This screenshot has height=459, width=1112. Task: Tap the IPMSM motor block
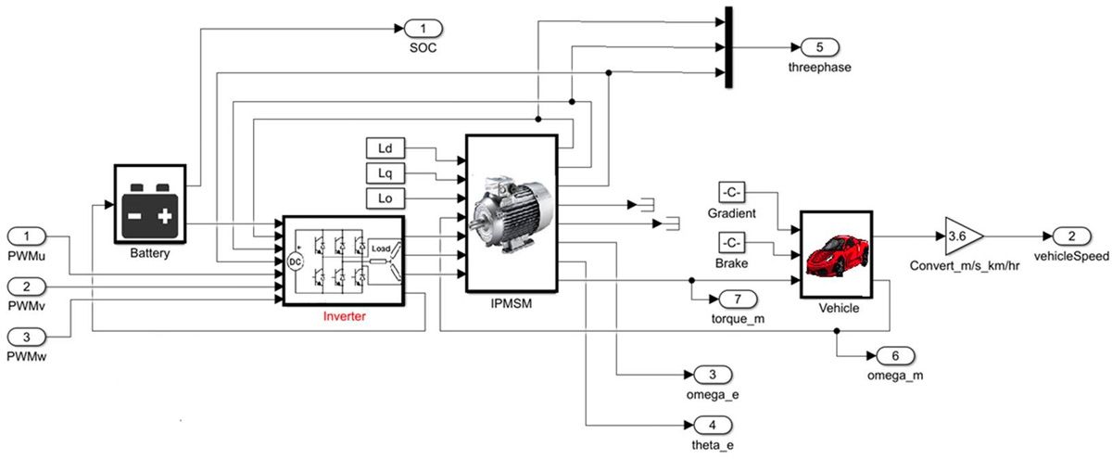click(511, 212)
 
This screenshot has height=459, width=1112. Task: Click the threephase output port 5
click(813, 47)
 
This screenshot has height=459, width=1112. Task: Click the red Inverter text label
click(345, 317)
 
